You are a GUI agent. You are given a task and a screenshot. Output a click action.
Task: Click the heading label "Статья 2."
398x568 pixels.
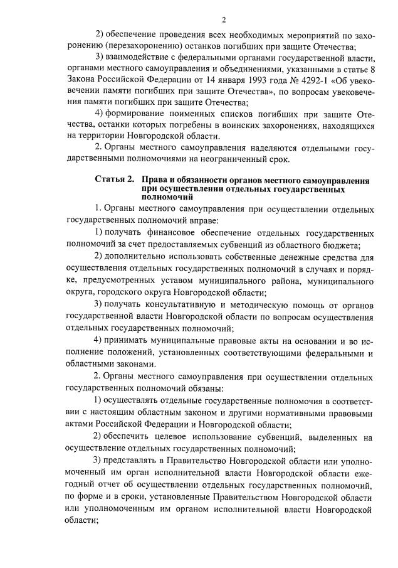point(114,180)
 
